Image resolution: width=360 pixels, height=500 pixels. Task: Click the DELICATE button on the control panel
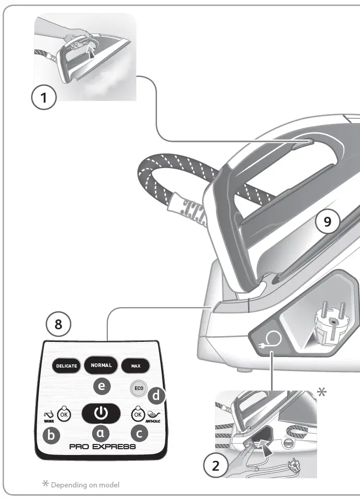coord(66,365)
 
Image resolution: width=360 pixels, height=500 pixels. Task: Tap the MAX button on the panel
coord(136,365)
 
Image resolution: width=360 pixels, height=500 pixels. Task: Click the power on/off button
coord(101,413)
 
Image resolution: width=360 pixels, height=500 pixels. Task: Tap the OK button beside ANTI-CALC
coord(138,414)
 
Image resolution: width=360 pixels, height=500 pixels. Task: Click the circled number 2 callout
coord(215,466)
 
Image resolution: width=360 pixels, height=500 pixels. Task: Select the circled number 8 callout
coord(58,325)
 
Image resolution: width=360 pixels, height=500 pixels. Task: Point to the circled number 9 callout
coord(328,222)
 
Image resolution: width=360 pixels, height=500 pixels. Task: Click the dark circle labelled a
coord(101,433)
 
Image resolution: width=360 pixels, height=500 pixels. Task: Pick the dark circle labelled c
coord(139,434)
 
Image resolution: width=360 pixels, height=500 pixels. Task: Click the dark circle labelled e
coord(101,387)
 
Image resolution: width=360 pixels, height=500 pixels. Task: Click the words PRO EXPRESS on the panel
coord(103,447)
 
